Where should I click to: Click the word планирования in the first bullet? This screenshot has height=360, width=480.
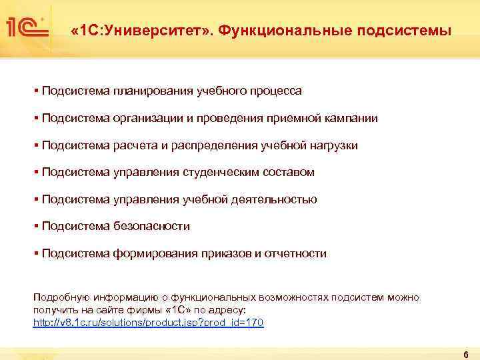(154, 91)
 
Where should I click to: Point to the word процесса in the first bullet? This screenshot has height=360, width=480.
(277, 91)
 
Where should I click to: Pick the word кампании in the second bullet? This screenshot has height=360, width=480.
(351, 118)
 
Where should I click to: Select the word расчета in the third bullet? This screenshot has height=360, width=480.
(137, 145)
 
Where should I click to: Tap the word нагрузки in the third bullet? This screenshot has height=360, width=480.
(333, 145)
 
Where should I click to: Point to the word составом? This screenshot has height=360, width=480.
(287, 173)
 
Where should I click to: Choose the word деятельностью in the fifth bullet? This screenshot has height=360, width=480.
(273, 199)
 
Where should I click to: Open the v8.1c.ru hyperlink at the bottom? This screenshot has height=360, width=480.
(148, 323)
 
